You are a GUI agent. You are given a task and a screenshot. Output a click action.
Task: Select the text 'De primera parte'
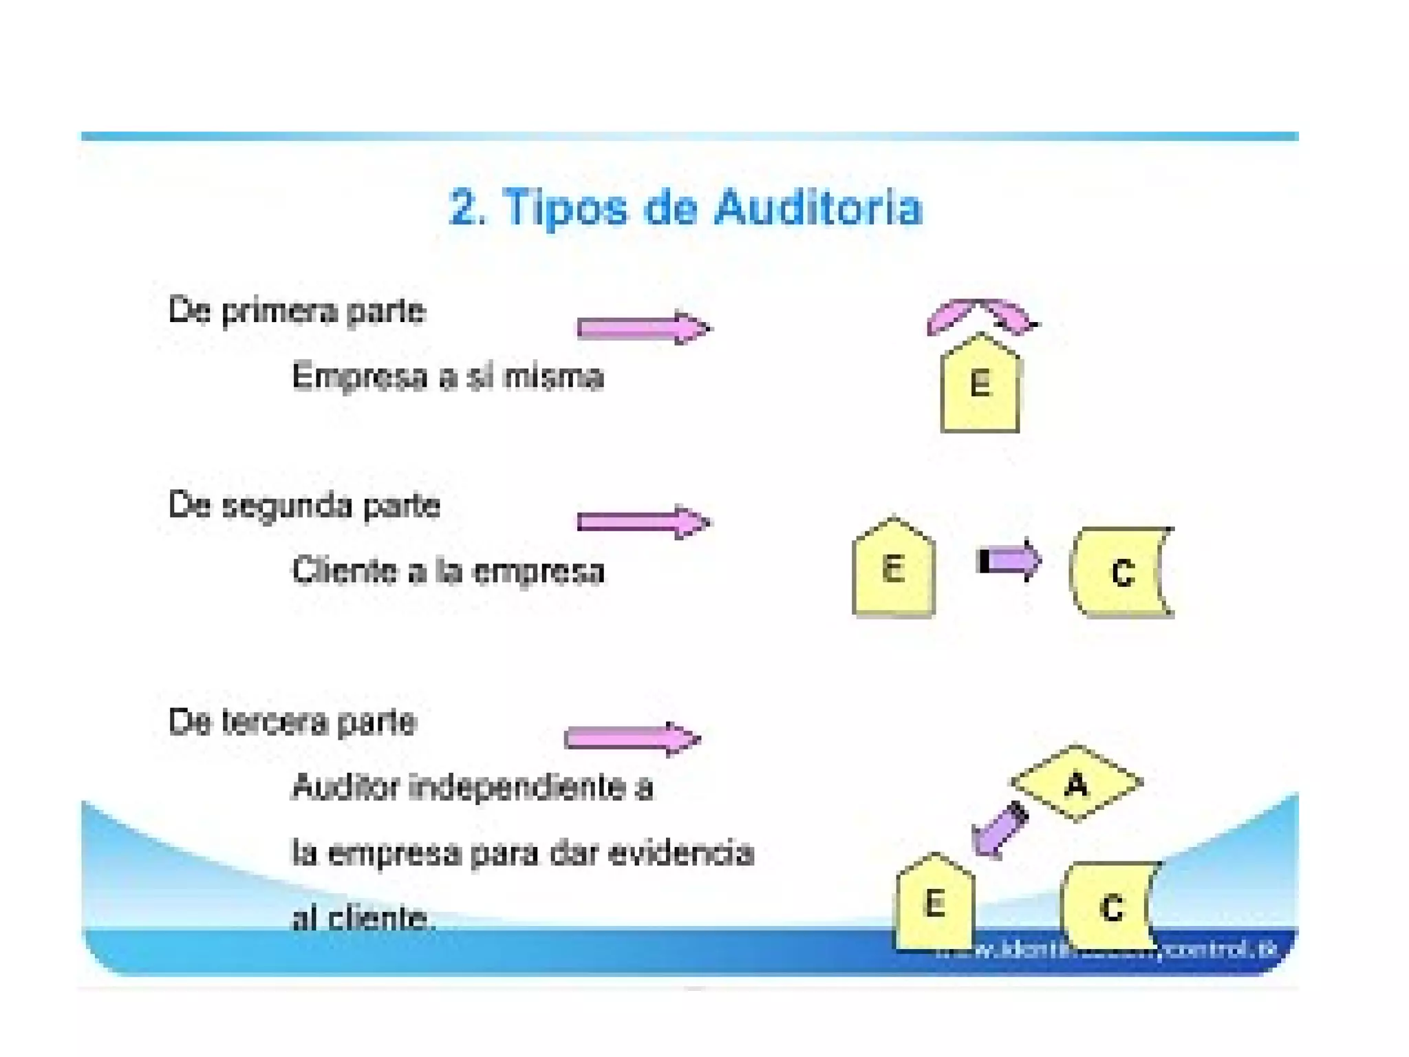[x=297, y=311]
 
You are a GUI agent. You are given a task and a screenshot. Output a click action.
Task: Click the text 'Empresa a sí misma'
[x=448, y=377]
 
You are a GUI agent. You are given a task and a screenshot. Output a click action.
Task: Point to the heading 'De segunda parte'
[x=304, y=506]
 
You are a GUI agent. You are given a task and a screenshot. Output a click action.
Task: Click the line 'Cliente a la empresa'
[x=448, y=572]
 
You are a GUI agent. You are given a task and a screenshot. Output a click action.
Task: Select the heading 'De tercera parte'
[x=293, y=723]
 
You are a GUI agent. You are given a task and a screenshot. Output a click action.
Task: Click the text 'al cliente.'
[x=363, y=919]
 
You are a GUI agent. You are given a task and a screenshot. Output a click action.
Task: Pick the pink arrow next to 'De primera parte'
[x=643, y=328]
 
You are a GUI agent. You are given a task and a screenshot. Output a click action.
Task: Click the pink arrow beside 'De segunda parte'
[x=643, y=522]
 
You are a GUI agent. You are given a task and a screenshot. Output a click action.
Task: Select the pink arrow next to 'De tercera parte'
[x=632, y=739]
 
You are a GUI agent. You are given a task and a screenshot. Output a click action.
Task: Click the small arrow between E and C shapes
[x=1009, y=560]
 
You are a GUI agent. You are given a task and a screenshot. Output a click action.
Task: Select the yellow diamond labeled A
[x=1076, y=784]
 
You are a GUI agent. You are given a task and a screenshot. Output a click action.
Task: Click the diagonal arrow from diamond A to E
[x=1000, y=831]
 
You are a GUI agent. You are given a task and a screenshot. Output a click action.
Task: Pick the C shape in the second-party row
[x=1121, y=572]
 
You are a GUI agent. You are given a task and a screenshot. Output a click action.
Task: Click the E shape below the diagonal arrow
[x=934, y=903]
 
